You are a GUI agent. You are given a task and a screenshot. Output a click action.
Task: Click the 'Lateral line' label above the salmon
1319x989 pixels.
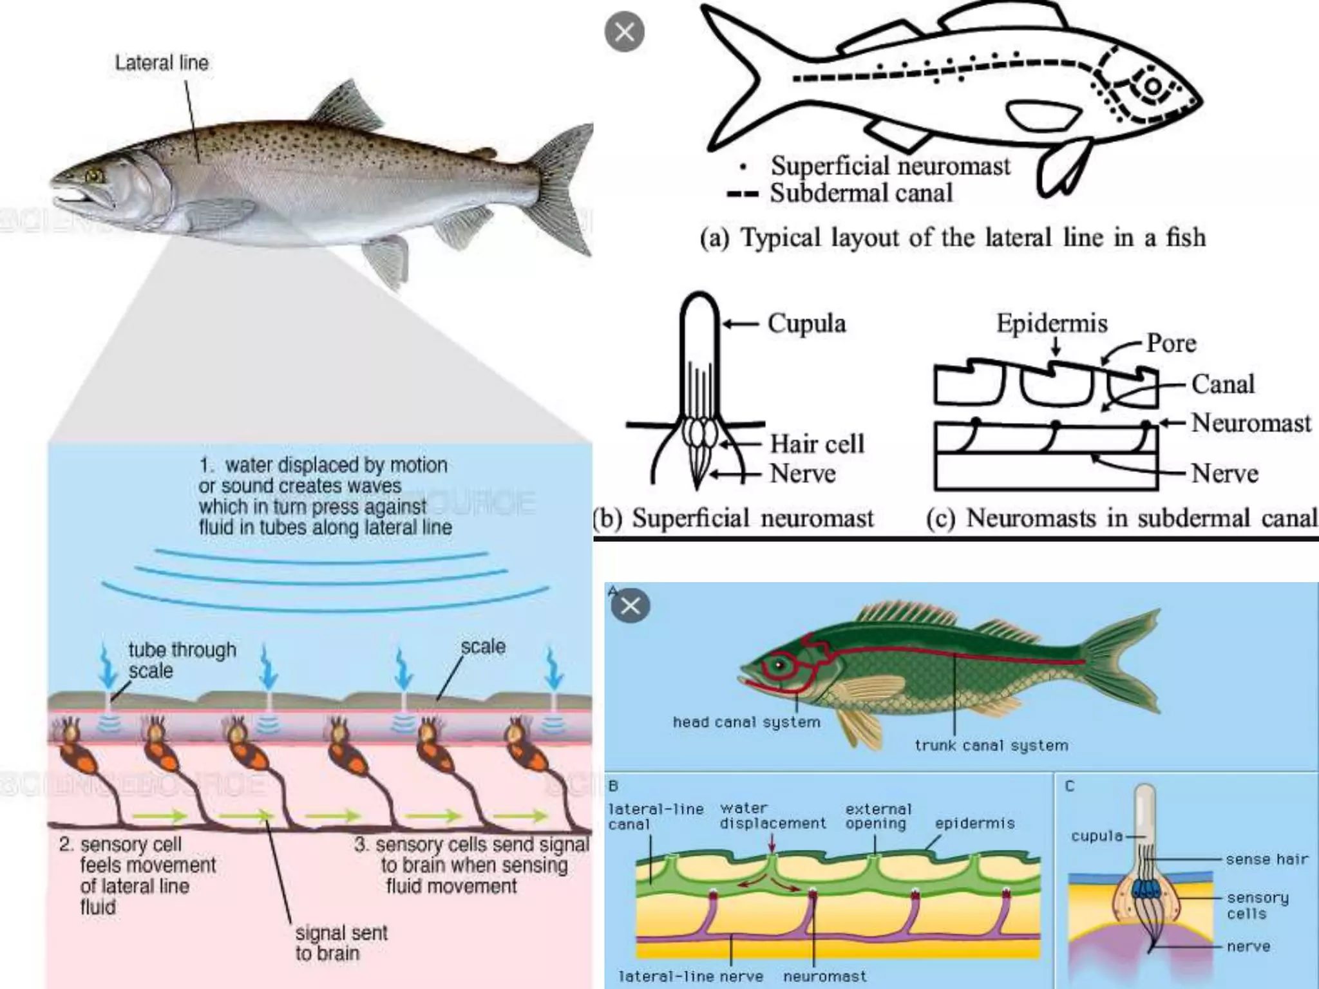[162, 63]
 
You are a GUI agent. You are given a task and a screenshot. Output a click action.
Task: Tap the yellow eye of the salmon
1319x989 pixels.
[95, 174]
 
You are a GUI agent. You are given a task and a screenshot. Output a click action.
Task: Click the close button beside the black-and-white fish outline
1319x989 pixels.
[624, 32]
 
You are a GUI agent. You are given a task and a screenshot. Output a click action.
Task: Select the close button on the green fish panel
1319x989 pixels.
[630, 606]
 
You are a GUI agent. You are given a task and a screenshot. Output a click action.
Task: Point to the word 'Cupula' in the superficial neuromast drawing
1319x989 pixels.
[806, 323]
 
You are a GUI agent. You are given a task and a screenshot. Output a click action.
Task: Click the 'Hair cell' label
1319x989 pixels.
[817, 444]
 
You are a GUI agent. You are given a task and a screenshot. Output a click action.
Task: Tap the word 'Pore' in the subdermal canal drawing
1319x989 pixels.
[1171, 343]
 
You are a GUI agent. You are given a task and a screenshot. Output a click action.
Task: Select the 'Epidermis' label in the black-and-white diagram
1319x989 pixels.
[1052, 323]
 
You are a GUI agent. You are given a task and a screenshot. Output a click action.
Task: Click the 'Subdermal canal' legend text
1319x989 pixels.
[861, 193]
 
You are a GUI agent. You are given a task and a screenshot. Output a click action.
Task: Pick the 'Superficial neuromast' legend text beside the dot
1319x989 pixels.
[891, 166]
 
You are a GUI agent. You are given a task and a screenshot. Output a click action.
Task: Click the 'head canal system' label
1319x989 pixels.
[746, 722]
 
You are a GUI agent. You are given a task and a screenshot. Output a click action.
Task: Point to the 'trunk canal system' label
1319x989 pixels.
[991, 746]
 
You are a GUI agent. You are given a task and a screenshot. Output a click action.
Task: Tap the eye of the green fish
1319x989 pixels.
[781, 664]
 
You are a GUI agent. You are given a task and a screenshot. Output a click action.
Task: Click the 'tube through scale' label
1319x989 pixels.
[182, 660]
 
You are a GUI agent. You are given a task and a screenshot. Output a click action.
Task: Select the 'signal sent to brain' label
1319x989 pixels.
[341, 943]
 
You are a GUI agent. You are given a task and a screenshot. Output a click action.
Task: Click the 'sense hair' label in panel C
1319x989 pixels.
[1267, 859]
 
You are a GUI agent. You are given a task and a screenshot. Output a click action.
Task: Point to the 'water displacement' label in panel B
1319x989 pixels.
[772, 816]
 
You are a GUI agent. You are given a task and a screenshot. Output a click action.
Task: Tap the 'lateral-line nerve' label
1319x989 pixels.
[690, 976]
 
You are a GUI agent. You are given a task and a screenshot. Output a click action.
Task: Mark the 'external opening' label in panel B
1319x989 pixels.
[878, 816]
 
